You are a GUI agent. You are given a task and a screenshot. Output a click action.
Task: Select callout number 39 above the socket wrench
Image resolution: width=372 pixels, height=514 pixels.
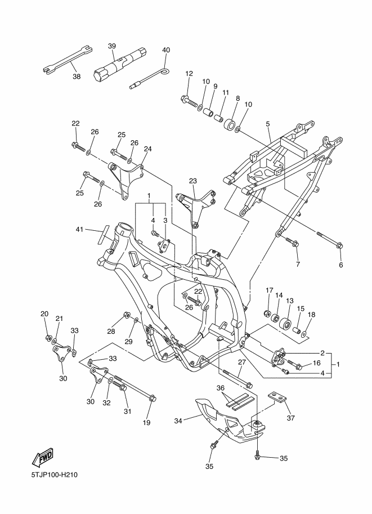112,46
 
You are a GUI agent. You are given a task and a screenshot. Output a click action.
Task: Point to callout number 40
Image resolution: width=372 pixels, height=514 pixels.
166,50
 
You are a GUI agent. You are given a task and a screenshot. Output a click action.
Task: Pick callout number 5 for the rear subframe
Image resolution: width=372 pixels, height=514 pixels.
268,124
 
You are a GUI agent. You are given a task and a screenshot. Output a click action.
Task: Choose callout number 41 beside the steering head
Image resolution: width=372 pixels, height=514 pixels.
80,230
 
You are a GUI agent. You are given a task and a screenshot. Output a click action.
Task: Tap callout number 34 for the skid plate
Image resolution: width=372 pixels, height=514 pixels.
178,421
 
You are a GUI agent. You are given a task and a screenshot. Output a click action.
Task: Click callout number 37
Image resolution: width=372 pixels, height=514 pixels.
291,418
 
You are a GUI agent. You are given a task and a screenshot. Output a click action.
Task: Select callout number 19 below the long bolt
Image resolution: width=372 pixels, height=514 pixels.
146,423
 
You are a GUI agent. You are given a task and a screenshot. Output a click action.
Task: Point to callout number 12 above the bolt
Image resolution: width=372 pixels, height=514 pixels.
189,73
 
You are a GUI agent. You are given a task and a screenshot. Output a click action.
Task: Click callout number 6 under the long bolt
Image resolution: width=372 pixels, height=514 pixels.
341,265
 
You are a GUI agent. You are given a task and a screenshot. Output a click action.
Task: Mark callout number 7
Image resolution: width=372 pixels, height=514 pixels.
298,264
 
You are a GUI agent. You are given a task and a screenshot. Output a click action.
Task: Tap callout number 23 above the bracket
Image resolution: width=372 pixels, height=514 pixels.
193,181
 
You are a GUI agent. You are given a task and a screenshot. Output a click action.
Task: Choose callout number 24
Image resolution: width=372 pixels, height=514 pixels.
148,149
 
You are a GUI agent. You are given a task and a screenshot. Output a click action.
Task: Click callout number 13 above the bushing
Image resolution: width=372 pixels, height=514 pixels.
290,301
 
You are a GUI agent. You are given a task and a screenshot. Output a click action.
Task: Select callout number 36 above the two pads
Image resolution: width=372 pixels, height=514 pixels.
221,388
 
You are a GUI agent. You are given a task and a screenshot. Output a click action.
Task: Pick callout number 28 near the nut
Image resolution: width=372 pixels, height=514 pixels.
111,332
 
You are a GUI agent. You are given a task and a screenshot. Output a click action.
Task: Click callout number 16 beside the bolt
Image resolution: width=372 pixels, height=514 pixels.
317,363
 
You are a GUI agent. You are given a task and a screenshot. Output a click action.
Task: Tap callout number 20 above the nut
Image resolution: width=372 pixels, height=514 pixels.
44,314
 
